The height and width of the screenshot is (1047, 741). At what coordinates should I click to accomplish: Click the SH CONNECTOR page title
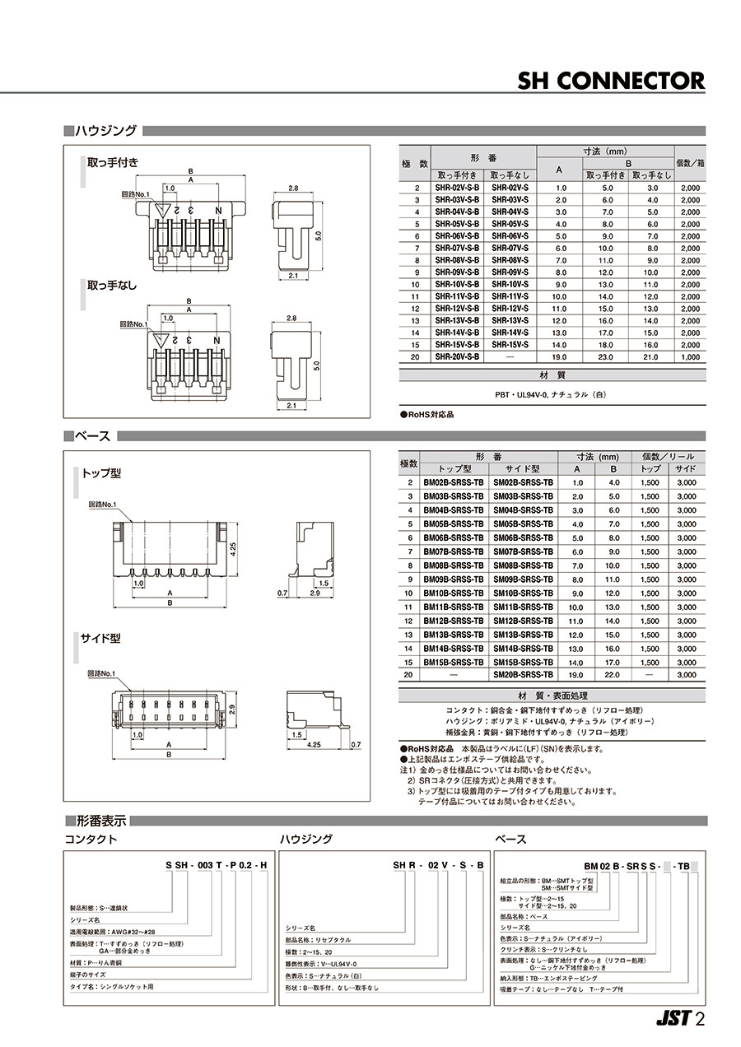pos(611,80)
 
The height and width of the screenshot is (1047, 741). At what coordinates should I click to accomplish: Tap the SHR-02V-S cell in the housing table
pos(510,188)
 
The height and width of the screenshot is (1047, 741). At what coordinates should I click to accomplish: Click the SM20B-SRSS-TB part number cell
pos(523,675)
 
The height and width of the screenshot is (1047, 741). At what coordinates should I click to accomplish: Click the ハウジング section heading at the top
pos(105,131)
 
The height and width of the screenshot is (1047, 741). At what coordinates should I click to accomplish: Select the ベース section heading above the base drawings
pos(93,435)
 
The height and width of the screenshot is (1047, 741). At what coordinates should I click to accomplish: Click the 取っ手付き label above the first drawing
pos(113,161)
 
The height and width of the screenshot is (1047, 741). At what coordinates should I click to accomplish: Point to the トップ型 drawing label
pos(101,473)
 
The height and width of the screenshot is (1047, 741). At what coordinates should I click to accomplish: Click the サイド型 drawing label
pos(101,638)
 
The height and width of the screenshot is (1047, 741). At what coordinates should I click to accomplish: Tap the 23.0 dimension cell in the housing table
pos(606,358)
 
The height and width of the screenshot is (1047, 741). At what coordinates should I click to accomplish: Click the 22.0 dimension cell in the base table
pos(613,675)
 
